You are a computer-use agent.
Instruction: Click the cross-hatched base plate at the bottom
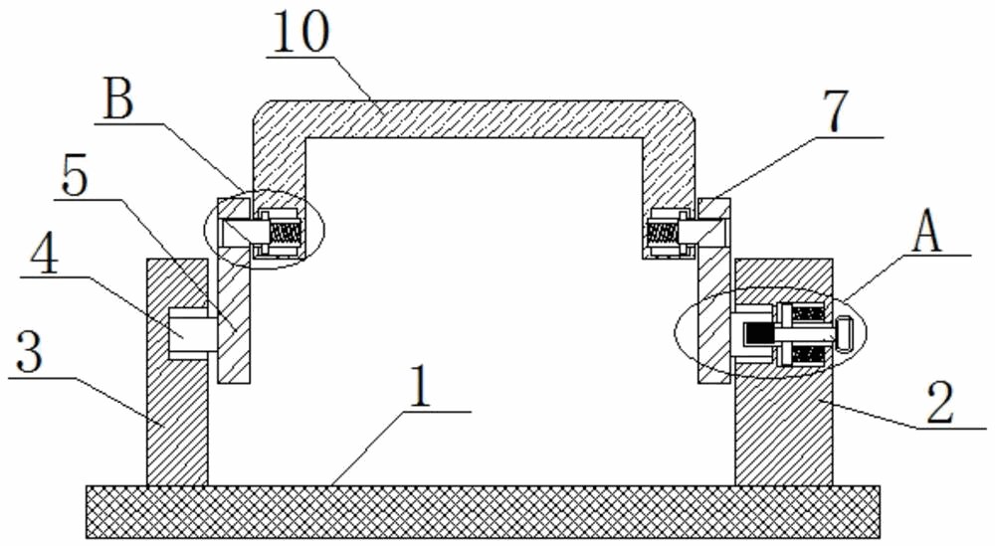(483, 512)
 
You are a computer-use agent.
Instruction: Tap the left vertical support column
(177, 418)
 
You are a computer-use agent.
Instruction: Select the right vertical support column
(783, 428)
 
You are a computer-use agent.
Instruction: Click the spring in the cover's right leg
(661, 232)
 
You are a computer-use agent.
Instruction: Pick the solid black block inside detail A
(760, 338)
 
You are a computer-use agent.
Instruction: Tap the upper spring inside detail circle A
(807, 313)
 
